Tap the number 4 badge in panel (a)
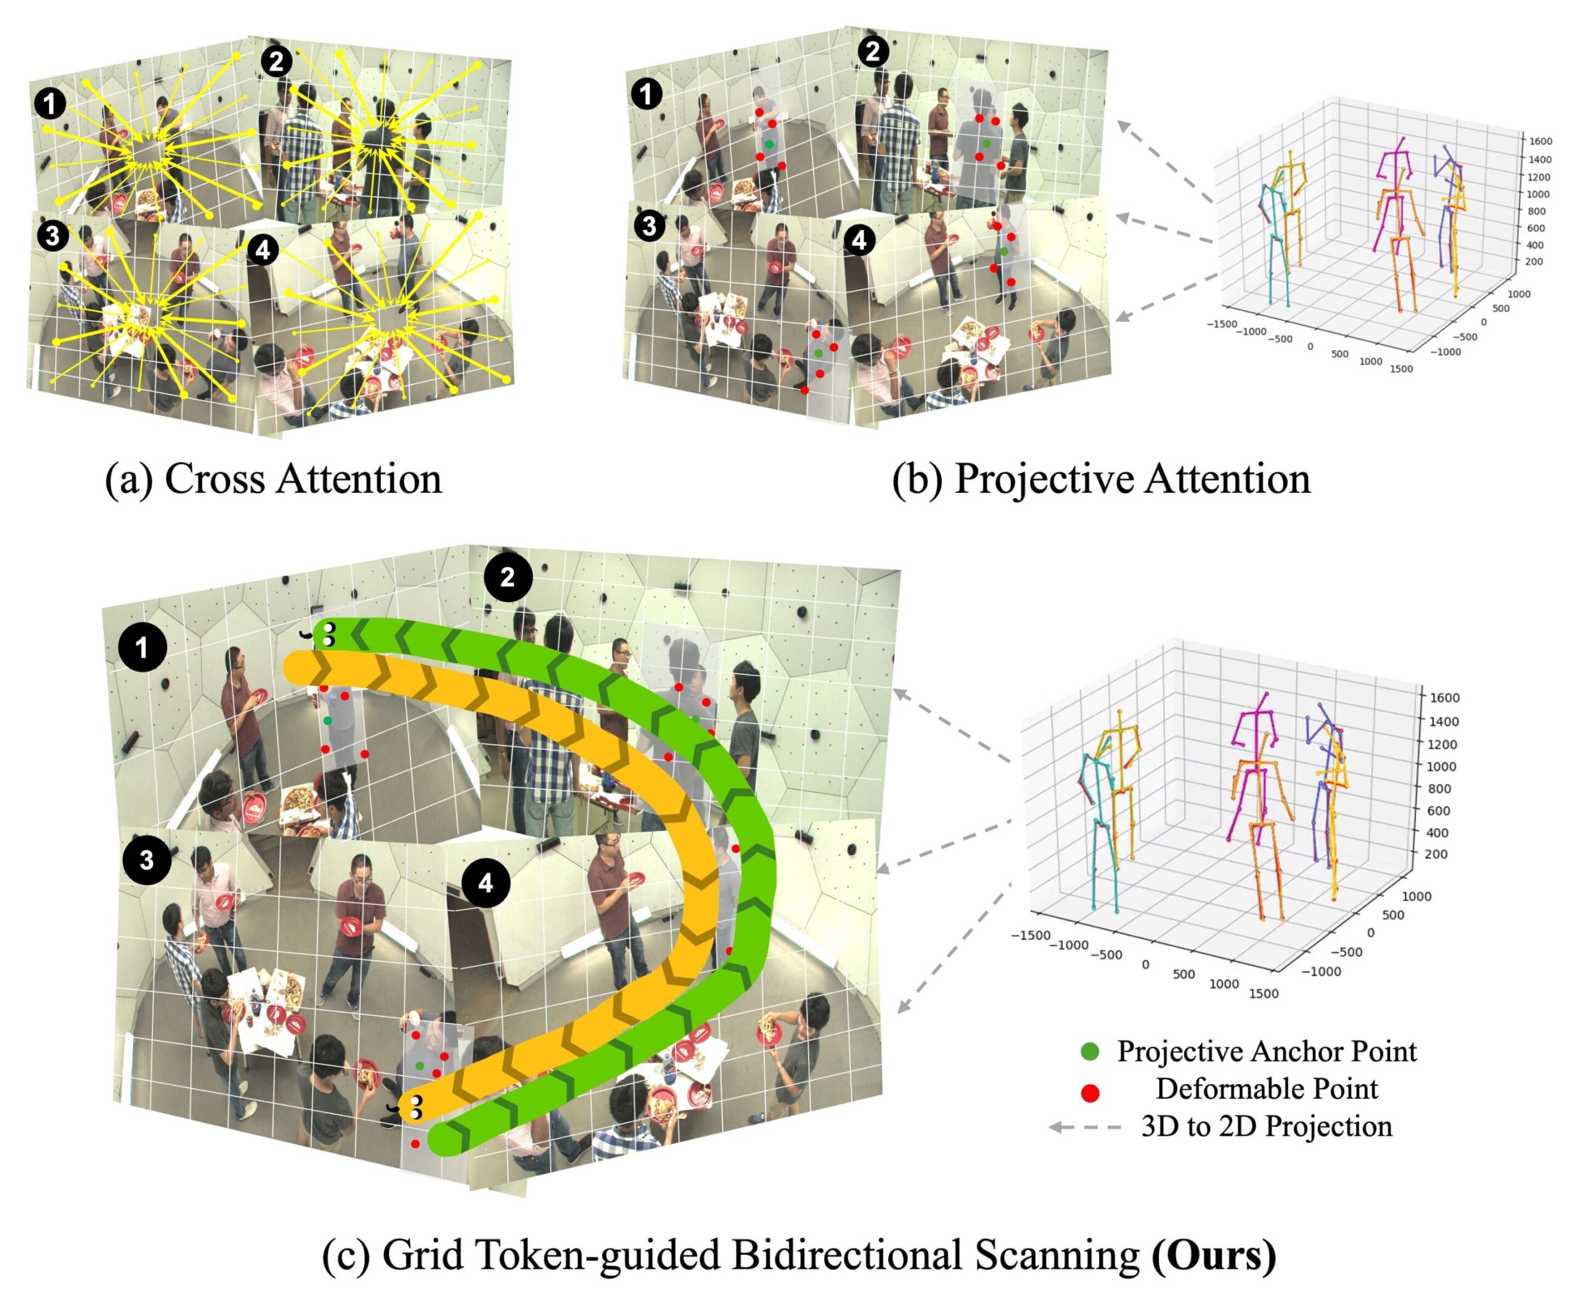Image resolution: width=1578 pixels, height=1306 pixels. coord(262,250)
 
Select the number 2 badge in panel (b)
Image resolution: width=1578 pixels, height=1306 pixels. coord(872,52)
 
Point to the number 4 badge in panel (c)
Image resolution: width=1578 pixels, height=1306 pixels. coord(486,883)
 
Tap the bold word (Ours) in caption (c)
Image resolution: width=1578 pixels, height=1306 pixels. coord(1214,1254)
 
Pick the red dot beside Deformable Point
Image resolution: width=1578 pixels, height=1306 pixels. coord(1090,1093)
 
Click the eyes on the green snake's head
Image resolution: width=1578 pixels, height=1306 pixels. coord(329,634)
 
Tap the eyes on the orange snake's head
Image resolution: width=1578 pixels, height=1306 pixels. coord(415,1107)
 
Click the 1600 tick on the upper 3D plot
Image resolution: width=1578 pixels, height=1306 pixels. coord(1540,141)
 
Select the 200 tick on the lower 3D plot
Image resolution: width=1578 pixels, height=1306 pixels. coord(1435,854)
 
